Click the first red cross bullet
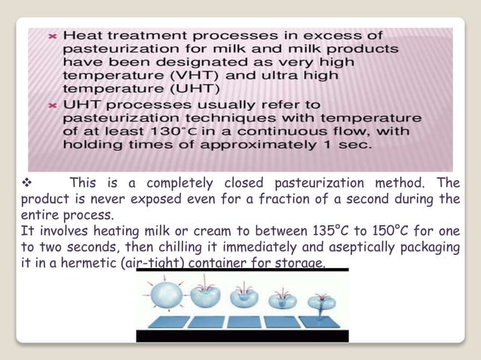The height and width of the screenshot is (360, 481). pyautogui.click(x=52, y=35)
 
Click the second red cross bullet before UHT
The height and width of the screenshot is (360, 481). pyautogui.click(x=52, y=105)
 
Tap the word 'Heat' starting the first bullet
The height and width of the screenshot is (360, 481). pyautogui.click(x=83, y=35)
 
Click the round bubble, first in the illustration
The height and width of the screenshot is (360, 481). pyautogui.click(x=164, y=295)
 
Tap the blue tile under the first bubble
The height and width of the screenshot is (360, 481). pyautogui.click(x=161, y=322)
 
